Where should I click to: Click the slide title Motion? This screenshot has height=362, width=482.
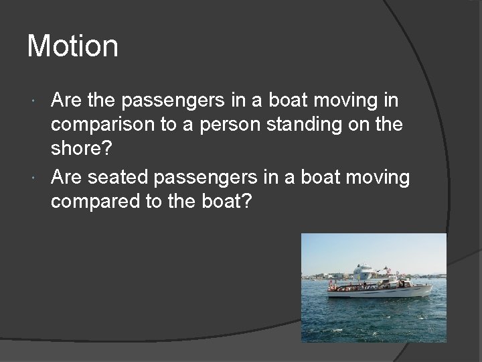coord(72,46)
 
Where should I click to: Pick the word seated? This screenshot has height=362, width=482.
coord(118,177)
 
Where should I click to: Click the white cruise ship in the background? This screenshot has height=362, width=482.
coord(364,271)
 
